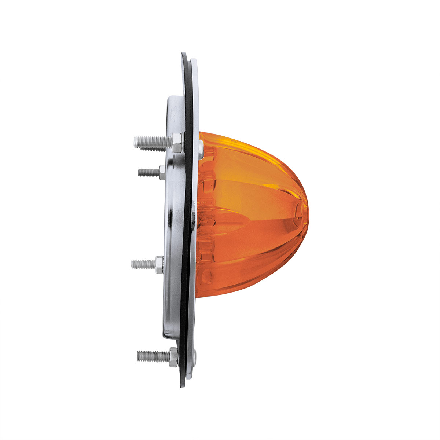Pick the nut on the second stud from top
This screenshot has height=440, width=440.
pos(162,172)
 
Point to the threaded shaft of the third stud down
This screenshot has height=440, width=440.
pos(143,263)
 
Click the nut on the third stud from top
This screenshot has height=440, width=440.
pos(159,264)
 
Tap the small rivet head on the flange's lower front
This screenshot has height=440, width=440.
pos(194,355)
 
